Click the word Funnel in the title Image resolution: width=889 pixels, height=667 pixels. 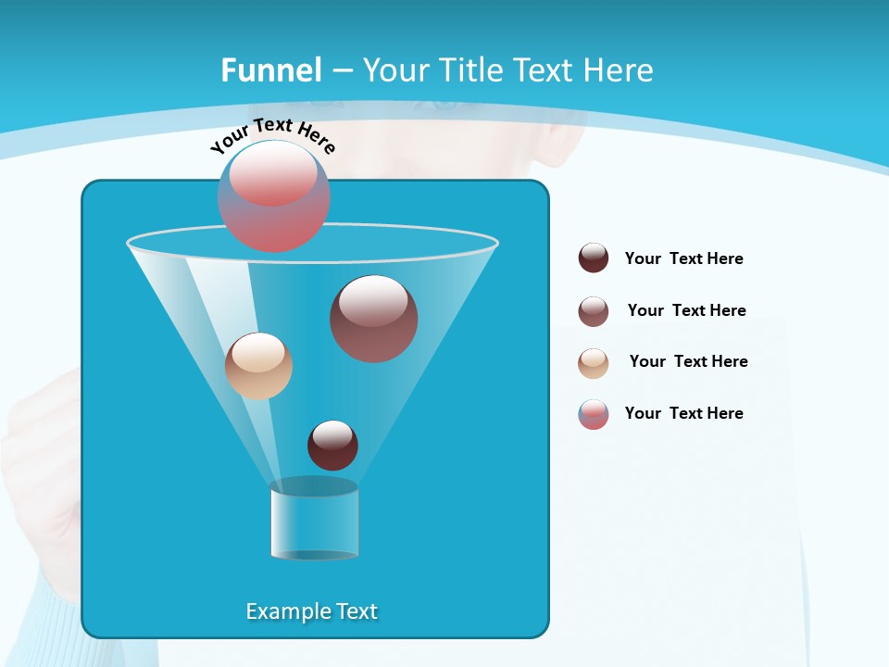(x=270, y=70)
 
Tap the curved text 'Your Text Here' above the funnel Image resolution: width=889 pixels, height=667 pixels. (x=272, y=133)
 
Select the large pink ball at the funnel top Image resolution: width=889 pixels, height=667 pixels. (x=274, y=196)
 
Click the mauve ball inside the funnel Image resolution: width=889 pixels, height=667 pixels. (x=374, y=319)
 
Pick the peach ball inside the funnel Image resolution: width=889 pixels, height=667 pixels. (x=258, y=366)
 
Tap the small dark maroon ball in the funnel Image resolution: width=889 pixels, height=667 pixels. (x=332, y=446)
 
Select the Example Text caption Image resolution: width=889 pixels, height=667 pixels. (x=312, y=611)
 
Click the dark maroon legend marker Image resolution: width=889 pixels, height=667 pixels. (x=594, y=258)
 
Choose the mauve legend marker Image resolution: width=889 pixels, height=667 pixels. (x=594, y=310)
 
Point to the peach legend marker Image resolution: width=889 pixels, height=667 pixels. (x=594, y=362)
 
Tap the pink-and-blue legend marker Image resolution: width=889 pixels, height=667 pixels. (x=594, y=414)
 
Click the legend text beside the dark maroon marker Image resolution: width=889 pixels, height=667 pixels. (x=683, y=258)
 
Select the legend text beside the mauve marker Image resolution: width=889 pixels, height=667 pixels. (x=686, y=310)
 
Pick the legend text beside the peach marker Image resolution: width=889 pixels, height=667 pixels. (x=688, y=361)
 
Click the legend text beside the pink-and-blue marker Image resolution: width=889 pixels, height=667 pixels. (x=683, y=413)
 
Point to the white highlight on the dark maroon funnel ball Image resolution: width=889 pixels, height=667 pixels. (x=332, y=434)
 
